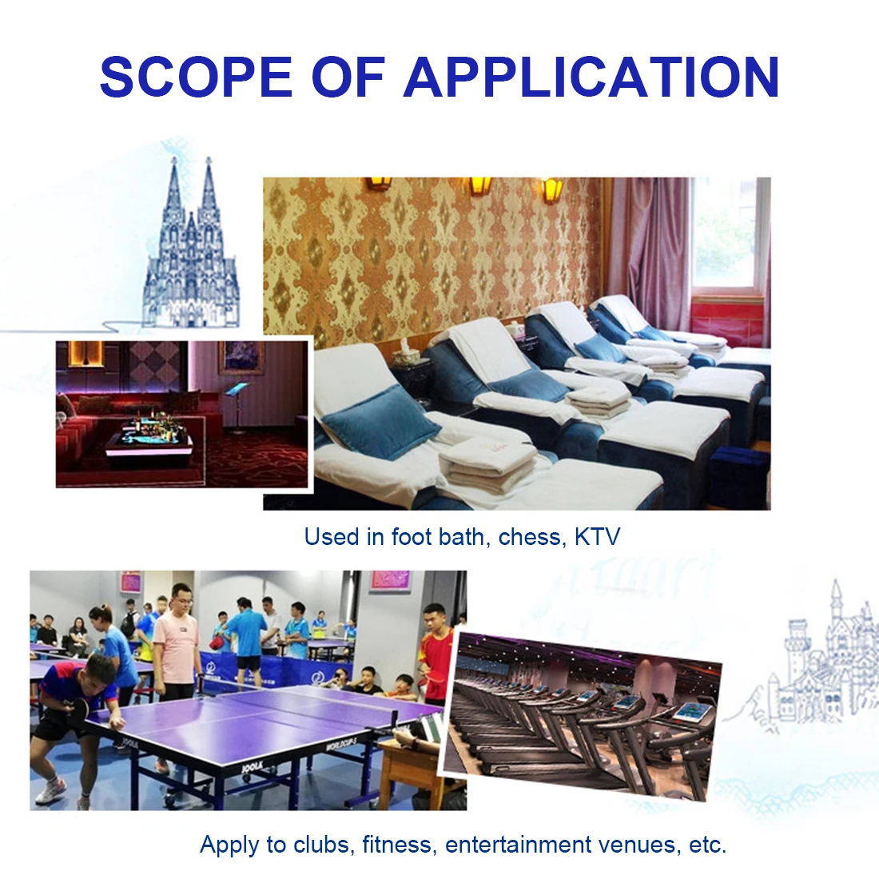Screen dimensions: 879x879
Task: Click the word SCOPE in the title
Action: pyautogui.click(x=197, y=76)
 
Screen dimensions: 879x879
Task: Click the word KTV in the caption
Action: pyautogui.click(x=598, y=537)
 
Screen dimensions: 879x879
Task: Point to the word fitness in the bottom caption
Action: pyautogui.click(x=397, y=845)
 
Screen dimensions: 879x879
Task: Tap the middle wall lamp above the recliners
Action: pyautogui.click(x=480, y=187)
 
